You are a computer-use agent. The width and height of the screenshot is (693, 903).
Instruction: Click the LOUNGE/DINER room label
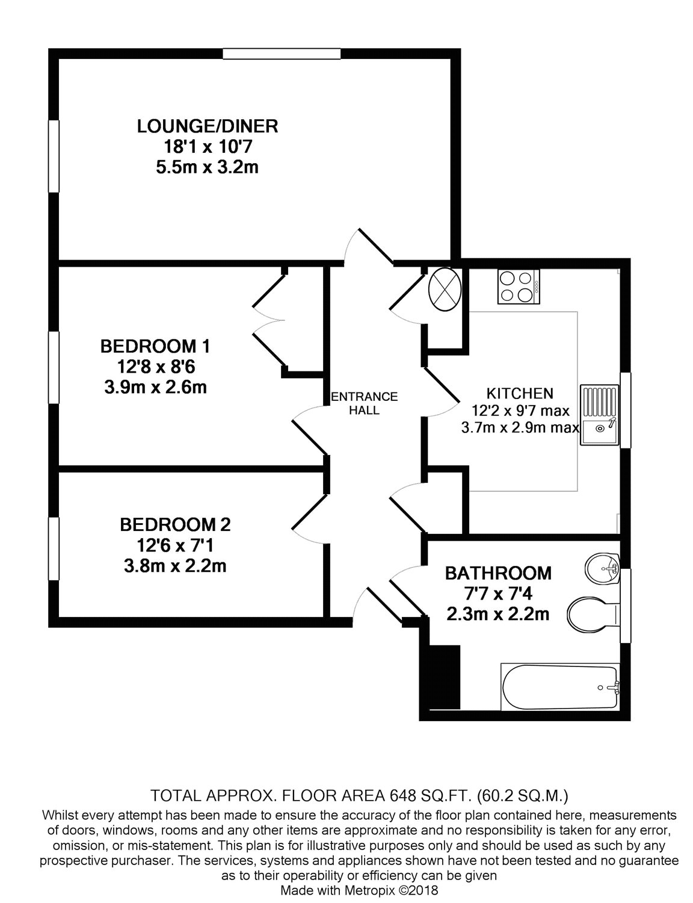point(207,126)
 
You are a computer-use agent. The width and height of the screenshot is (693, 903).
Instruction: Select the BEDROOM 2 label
point(175,524)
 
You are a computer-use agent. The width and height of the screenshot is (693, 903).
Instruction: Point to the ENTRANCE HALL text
point(365,403)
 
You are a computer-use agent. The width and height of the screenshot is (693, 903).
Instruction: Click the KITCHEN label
point(520,393)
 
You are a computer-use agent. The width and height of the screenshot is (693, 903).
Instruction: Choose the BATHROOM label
point(497,573)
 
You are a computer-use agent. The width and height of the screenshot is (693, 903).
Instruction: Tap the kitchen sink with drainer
point(600,415)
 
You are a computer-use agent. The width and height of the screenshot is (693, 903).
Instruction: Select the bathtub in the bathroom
point(559,687)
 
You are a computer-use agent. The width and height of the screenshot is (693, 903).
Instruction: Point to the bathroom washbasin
point(602,569)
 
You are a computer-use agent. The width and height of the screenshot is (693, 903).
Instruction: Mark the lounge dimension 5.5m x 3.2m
point(207,167)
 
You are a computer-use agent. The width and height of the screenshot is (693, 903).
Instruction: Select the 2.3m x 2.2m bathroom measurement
point(497,614)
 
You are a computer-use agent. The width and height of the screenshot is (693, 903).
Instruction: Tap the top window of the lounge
point(282,54)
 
